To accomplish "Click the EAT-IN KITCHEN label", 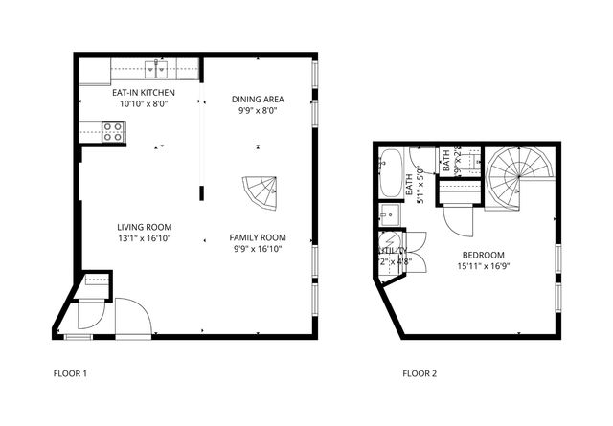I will pyautogui.click(x=143, y=93).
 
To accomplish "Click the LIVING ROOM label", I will pyautogui.click(x=144, y=228).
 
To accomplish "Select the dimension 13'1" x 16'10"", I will pyautogui.click(x=144, y=239).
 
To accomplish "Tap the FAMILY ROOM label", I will pyautogui.click(x=258, y=237).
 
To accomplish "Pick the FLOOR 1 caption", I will pyautogui.click(x=72, y=373).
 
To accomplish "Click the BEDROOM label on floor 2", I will pyautogui.click(x=484, y=255).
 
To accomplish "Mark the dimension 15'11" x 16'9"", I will pyautogui.click(x=484, y=266).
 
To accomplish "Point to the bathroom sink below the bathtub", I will pyautogui.click(x=390, y=213).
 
